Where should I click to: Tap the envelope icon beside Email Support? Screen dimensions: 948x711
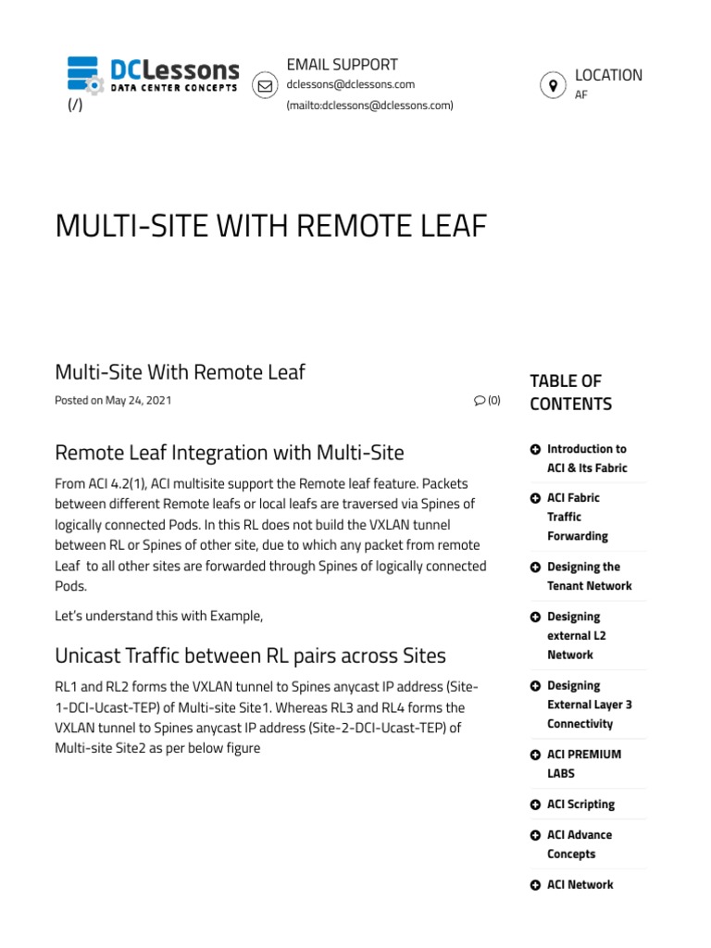[x=265, y=85]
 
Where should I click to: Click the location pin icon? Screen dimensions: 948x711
[x=553, y=85]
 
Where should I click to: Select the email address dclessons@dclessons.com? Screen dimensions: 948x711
[x=350, y=84]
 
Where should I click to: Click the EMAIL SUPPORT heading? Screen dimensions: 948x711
[x=342, y=65]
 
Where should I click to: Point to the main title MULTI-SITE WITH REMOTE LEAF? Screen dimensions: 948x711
[x=271, y=225]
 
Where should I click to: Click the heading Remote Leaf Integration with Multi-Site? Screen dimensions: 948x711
[x=230, y=453]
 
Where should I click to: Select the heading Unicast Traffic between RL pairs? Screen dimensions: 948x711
[x=250, y=655]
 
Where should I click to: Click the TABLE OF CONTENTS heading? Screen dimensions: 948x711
[x=570, y=393]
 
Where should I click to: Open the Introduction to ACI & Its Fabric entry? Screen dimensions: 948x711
[x=586, y=458]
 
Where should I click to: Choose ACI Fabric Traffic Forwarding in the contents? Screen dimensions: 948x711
[x=577, y=517]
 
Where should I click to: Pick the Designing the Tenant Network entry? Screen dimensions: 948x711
[x=589, y=576]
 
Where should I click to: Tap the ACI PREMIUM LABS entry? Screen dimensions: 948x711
[x=583, y=764]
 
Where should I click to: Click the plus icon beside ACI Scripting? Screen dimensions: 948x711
[x=535, y=805]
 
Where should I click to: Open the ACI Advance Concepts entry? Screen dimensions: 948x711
[x=579, y=844]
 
